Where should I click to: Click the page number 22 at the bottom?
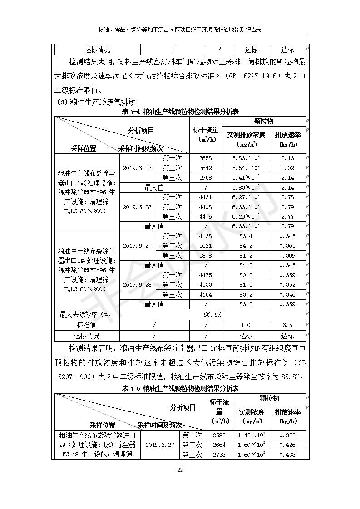click(180, 470)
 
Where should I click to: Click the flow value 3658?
click(205, 158)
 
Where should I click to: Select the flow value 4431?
click(205, 197)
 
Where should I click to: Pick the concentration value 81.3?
click(245, 285)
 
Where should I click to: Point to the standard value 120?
click(246, 325)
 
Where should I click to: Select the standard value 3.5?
click(287, 325)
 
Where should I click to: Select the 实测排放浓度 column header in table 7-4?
click(246, 139)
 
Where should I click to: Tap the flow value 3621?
click(205, 246)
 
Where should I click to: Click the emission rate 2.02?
click(287, 168)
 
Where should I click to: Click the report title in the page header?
click(180, 29)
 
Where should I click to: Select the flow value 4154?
click(205, 295)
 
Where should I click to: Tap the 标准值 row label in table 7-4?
click(86, 325)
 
